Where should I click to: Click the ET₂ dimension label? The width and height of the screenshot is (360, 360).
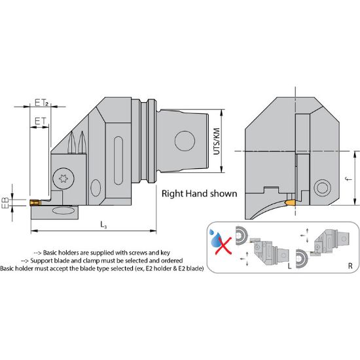[41, 102]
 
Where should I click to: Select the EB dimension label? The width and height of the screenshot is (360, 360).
[5, 203]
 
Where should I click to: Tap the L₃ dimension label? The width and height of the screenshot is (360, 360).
[103, 225]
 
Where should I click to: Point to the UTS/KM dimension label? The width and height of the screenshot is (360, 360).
[217, 141]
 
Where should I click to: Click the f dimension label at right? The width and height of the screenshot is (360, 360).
[350, 179]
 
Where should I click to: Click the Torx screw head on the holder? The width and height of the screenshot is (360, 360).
[63, 178]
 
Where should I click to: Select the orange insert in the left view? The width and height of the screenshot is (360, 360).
[35, 203]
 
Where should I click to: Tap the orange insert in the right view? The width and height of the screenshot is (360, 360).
[290, 203]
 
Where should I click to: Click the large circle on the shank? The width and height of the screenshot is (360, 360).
[185, 141]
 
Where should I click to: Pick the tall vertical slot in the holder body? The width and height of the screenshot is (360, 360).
[118, 160]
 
